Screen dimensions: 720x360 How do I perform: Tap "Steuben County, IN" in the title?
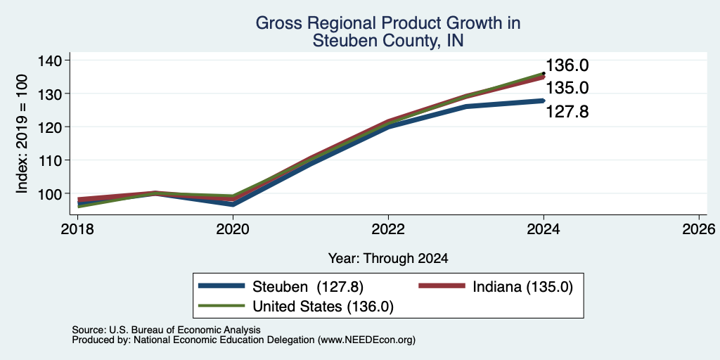click(x=388, y=41)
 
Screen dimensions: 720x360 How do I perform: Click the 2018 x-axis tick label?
click(x=77, y=229)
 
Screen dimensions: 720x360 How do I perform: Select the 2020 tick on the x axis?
click(x=233, y=229)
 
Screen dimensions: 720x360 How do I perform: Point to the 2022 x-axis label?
click(x=388, y=229)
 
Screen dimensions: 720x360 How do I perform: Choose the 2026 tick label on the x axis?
click(x=699, y=229)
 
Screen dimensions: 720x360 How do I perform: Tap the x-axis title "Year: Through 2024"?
click(x=388, y=259)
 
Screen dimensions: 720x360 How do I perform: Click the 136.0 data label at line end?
click(x=567, y=65)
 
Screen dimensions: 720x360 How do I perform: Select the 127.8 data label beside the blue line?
click(x=567, y=112)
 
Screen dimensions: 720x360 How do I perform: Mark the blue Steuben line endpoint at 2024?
click(x=544, y=101)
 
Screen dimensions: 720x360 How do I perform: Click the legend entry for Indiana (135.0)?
click(x=496, y=287)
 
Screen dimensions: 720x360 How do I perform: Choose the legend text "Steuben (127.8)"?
click(x=308, y=287)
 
